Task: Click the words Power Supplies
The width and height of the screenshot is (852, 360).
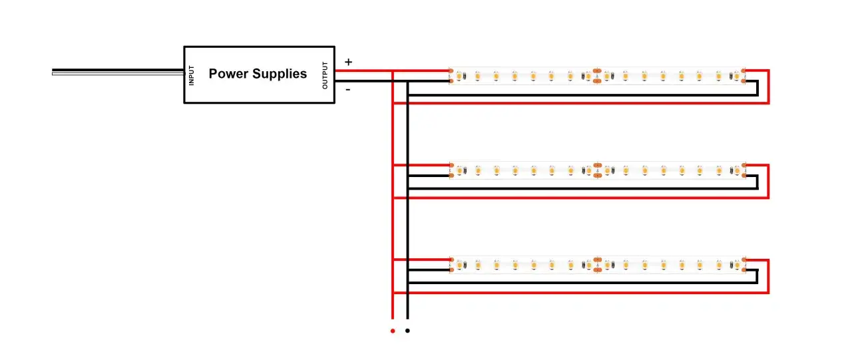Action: point(258,74)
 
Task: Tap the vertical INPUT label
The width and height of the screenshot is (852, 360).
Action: point(192,75)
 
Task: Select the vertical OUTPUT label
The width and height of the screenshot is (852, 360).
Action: point(325,75)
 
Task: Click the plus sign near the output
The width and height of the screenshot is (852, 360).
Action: point(348,62)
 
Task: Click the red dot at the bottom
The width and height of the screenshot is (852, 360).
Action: point(393,331)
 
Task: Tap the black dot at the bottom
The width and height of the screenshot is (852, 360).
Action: point(407,331)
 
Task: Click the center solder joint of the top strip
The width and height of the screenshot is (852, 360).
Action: point(597,75)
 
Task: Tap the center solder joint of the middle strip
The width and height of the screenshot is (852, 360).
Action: point(597,170)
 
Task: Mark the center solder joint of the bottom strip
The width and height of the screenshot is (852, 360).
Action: point(597,264)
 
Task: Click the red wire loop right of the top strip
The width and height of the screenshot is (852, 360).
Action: point(769,87)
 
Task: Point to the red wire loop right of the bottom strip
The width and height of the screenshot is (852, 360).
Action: point(769,276)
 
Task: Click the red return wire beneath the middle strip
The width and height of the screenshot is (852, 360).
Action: point(586,198)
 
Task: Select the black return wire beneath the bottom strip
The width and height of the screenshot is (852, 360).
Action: point(586,283)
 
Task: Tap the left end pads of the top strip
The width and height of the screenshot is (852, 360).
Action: point(451,76)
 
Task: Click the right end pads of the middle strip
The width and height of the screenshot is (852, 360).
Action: point(744,170)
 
